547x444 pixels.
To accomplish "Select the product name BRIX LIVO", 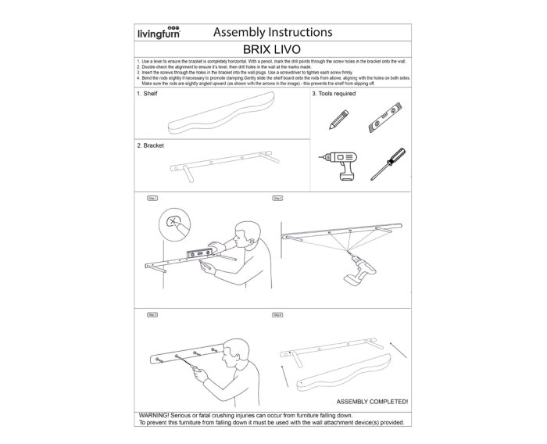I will (x=273, y=49).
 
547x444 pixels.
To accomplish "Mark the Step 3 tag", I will (x=152, y=314).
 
